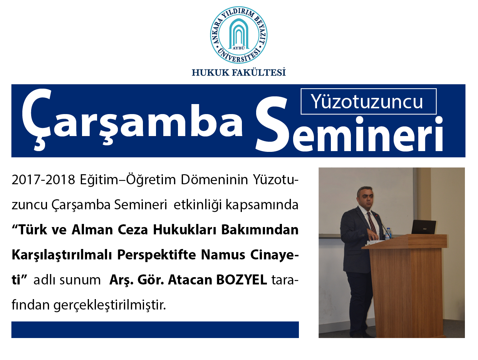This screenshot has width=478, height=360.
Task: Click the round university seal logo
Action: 239,35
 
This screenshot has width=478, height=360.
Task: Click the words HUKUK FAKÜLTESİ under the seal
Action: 239,72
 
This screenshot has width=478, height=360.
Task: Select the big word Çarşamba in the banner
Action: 132,119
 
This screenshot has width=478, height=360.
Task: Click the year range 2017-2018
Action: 44,180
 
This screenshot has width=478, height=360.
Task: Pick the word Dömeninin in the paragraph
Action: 214,180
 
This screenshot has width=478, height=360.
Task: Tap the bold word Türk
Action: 33,230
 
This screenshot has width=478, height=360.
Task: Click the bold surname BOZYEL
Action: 242,280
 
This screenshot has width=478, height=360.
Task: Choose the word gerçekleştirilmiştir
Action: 110,306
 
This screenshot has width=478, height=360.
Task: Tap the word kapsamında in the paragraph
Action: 262,205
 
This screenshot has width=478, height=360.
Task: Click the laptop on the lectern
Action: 423,227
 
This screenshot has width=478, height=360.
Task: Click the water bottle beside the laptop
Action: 387,234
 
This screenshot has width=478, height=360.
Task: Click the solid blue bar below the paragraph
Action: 155,330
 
